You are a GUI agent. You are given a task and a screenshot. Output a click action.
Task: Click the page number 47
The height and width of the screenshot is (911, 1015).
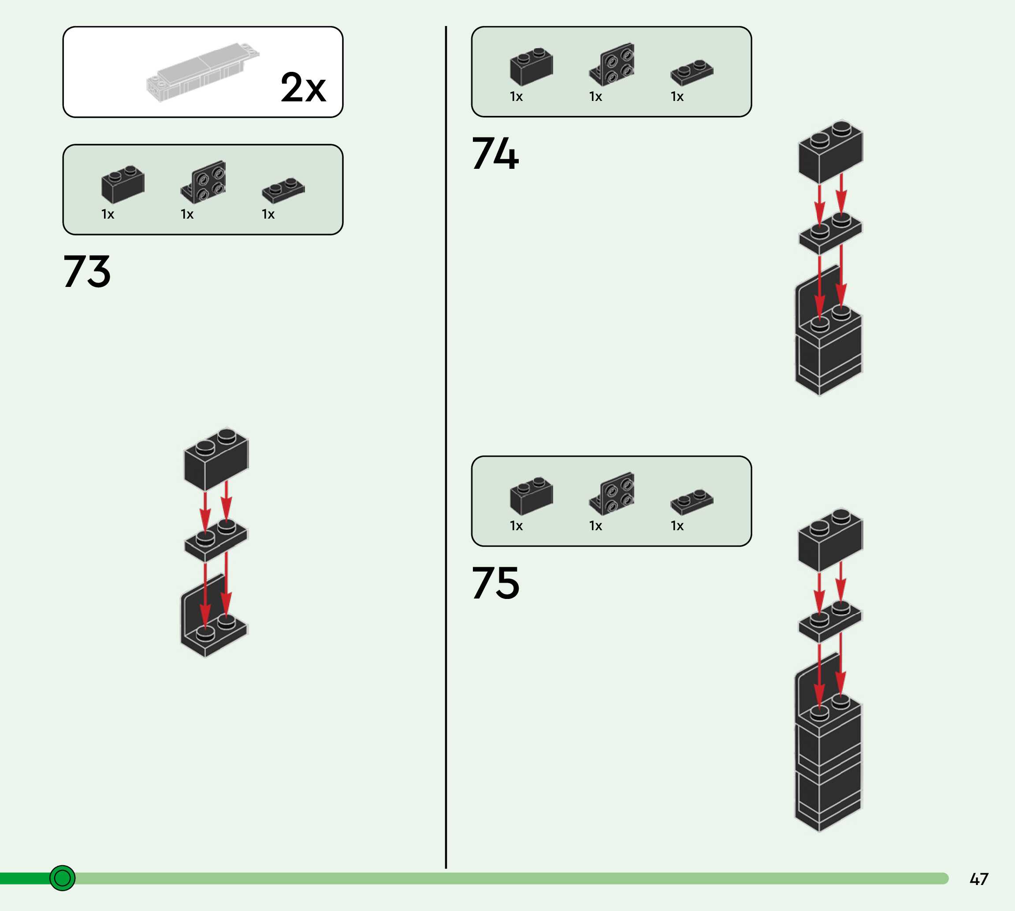coord(979,879)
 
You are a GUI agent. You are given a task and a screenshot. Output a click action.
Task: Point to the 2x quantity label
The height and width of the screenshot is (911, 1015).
coord(303,87)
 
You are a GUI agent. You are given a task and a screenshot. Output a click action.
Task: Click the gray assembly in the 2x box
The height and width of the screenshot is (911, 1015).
coord(203,72)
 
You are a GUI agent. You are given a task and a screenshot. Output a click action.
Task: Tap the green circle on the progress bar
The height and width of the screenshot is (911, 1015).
coord(63,878)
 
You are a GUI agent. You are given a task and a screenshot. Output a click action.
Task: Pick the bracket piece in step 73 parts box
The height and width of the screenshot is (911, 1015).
coord(204,182)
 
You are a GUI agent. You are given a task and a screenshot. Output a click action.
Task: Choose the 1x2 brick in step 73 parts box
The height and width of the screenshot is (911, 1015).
coord(123,184)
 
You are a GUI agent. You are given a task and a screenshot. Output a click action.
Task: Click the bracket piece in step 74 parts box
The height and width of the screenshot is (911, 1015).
coord(612,64)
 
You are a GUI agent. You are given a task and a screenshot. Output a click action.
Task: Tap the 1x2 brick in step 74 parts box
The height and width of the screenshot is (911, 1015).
coord(531,67)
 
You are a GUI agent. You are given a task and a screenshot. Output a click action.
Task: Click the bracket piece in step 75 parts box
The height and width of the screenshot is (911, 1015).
coord(612,494)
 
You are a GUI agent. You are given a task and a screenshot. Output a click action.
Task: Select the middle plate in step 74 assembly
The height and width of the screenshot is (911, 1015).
coord(830,233)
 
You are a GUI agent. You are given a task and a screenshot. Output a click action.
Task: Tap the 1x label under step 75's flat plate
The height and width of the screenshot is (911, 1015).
coord(677,525)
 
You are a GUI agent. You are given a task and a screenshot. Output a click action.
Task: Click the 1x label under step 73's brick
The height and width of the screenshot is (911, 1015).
coord(108,214)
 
